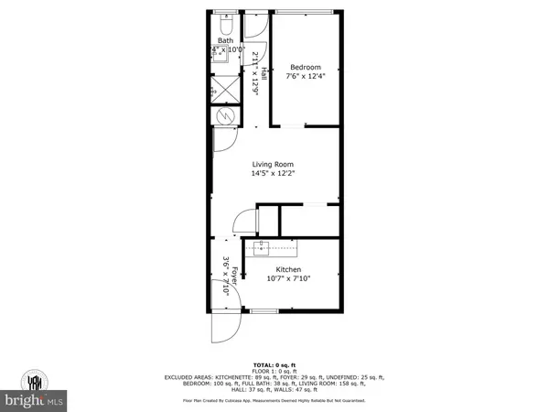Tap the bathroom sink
[x=220, y=52]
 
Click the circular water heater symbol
[x=225, y=116]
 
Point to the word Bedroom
[x=306, y=68]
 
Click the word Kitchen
[x=289, y=269]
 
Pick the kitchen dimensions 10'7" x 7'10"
[x=289, y=279]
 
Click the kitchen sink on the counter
[x=260, y=248]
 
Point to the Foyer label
[x=234, y=277]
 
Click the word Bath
[x=224, y=40]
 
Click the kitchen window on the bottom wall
[x=264, y=312]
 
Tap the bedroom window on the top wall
[x=307, y=12]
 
